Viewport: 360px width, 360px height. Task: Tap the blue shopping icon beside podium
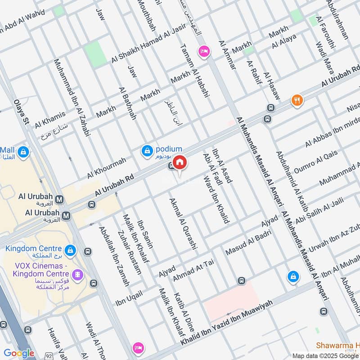click(147, 152)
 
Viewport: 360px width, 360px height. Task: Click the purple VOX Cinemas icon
click(79, 274)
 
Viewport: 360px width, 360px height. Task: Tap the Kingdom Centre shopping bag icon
click(70, 250)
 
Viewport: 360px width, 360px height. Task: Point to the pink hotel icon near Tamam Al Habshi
click(204, 52)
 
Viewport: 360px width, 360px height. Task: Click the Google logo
click(19, 353)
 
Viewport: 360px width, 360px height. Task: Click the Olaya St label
click(21, 112)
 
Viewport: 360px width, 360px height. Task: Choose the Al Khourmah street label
click(107, 167)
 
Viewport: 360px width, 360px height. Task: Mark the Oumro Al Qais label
click(315, 162)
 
